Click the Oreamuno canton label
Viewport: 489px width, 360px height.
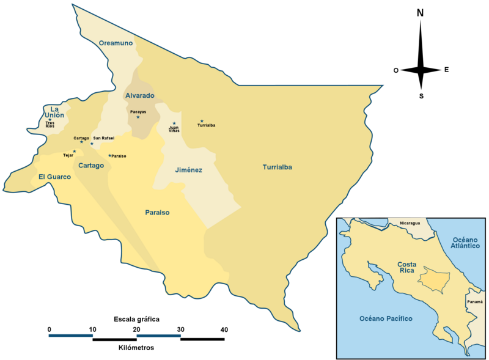[x=116, y=43]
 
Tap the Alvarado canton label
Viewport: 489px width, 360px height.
[x=140, y=96]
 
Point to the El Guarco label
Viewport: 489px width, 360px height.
[x=55, y=177]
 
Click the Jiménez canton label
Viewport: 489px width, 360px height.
[x=188, y=170]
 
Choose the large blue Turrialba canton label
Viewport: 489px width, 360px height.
[x=278, y=167]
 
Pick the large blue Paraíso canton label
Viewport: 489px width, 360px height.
[x=157, y=213]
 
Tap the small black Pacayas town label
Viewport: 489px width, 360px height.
[x=138, y=112]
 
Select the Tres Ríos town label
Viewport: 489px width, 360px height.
[x=50, y=125]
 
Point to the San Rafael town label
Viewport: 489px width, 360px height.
[x=104, y=138]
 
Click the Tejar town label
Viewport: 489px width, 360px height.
[x=68, y=155]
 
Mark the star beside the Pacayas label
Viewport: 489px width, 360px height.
[x=138, y=117]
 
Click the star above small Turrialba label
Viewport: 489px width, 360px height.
[x=202, y=121]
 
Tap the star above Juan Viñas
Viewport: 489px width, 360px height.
[x=174, y=123]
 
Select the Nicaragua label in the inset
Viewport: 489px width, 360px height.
[x=410, y=224]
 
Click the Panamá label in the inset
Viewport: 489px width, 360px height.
[x=474, y=302]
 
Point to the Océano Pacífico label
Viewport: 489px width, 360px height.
[x=386, y=319]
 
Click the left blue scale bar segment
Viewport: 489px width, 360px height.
[x=71, y=335]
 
